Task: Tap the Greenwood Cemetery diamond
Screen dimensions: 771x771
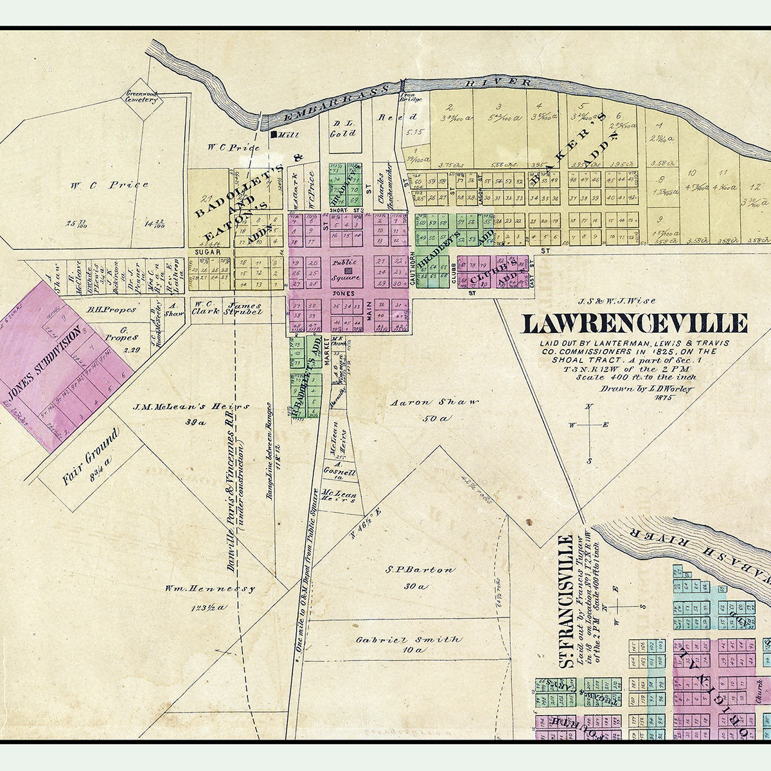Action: pyautogui.click(x=141, y=98)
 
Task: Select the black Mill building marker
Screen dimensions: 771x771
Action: pyautogui.click(x=274, y=135)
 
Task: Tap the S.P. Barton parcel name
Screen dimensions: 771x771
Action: pyautogui.click(x=420, y=570)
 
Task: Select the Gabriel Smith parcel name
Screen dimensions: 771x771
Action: pyautogui.click(x=409, y=640)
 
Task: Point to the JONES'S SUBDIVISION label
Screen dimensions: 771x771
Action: pyautogui.click(x=46, y=362)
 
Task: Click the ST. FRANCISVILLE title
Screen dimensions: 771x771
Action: pyautogui.click(x=565, y=601)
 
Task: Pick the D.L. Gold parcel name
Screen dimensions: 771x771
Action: pyautogui.click(x=342, y=129)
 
